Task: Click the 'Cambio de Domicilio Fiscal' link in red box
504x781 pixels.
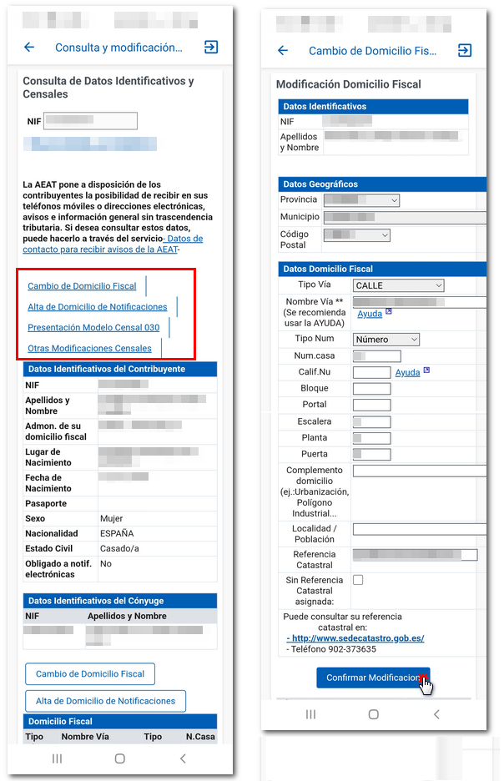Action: click(82, 286)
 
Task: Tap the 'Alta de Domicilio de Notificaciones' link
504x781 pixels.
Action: click(98, 307)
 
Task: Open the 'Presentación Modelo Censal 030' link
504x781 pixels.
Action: click(93, 328)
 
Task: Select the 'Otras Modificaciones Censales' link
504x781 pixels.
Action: click(89, 349)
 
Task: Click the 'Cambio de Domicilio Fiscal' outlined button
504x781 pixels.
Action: click(90, 674)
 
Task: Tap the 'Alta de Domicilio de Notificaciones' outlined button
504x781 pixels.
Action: click(105, 701)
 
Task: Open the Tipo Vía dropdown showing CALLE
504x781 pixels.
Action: click(398, 286)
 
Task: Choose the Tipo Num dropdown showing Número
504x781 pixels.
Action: click(386, 340)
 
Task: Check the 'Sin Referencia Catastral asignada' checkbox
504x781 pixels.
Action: click(358, 580)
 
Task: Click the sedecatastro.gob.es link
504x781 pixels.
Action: click(357, 638)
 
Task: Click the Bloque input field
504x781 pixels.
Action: click(371, 389)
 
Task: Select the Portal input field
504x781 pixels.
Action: click(371, 406)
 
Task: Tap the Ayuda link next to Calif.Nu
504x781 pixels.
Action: click(407, 372)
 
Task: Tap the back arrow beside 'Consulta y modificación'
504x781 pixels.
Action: click(29, 48)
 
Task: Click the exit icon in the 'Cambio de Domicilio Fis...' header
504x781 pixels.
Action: click(465, 51)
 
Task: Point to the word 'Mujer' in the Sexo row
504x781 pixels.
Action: click(111, 519)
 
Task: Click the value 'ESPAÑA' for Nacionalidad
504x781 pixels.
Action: click(116, 534)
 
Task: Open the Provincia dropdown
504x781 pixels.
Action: click(361, 200)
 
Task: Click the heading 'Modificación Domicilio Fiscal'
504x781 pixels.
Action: click(349, 84)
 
